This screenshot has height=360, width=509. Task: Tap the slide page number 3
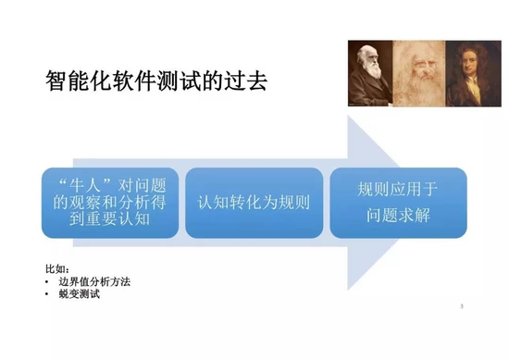coord(460,305)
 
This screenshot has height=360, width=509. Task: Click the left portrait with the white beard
coord(368,73)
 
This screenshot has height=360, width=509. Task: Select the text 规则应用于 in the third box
coord(399,188)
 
